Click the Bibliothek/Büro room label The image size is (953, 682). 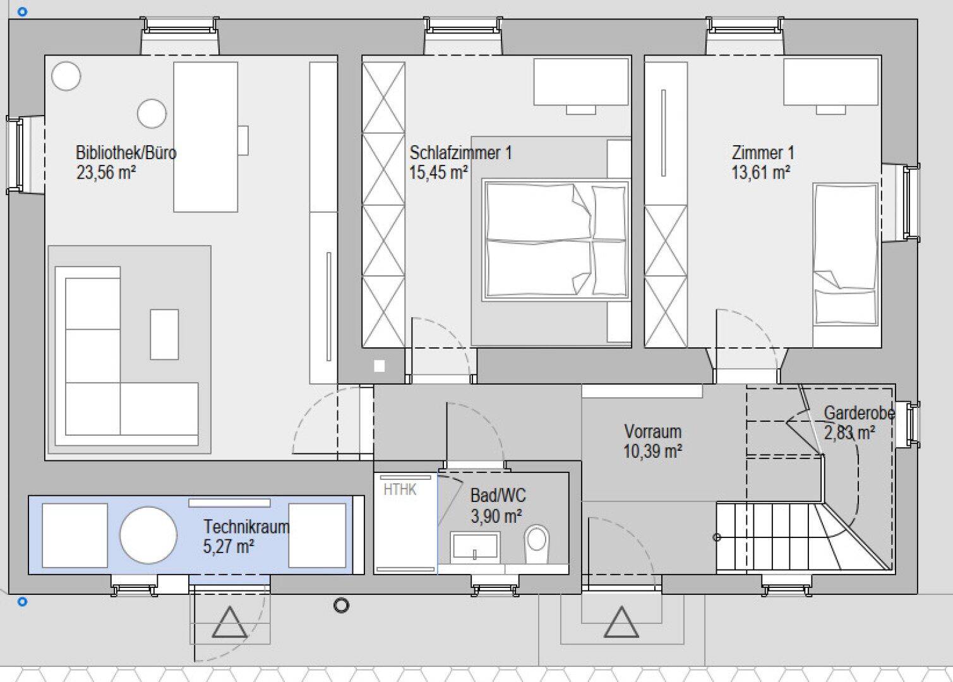click(126, 152)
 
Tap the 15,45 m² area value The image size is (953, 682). click(439, 172)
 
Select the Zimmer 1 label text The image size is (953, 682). click(763, 152)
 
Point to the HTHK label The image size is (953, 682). click(400, 489)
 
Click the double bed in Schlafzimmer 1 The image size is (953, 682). click(556, 239)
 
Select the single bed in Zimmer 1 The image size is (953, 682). click(846, 254)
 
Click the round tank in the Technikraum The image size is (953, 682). click(148, 535)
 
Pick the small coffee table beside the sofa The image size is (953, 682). click(164, 335)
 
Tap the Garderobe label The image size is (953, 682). click(859, 413)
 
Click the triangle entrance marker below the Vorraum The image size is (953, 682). click(621, 623)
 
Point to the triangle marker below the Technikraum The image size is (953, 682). click(229, 623)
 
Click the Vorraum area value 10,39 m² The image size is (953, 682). click(652, 452)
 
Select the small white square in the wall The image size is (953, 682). click(379, 366)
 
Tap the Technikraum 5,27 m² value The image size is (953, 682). click(229, 547)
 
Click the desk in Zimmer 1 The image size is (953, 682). click(831, 81)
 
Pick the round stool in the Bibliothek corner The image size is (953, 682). click(66, 76)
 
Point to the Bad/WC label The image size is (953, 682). click(498, 496)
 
